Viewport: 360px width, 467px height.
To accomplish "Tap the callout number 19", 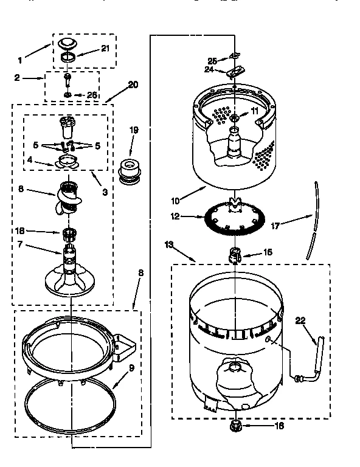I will [x=134, y=130].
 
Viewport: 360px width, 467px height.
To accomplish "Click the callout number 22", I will [x=300, y=320].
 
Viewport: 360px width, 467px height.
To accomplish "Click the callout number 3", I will [x=105, y=193].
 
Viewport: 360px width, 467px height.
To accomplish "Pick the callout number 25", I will [x=212, y=60].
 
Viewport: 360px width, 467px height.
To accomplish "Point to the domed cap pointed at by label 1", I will [x=66, y=44].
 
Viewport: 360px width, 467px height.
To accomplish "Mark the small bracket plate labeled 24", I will [x=232, y=72].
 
